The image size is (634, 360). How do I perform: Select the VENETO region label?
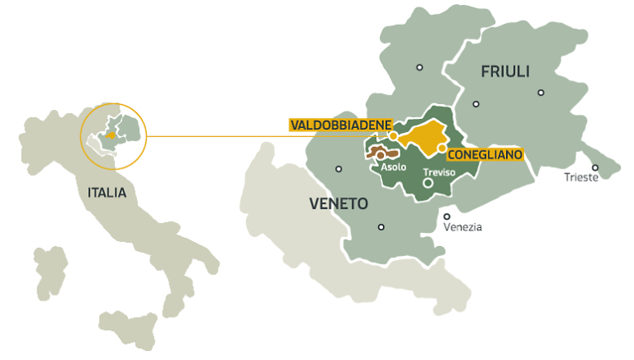(338, 203)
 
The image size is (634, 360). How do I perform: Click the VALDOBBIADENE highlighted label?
(339, 125)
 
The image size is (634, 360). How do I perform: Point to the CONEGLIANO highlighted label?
(485, 153)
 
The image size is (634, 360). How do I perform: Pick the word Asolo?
(393, 167)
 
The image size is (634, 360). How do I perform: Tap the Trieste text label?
(581, 178)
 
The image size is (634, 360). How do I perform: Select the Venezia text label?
(462, 227)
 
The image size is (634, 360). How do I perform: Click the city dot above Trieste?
(594, 168)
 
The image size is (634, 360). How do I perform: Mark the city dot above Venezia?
(447, 216)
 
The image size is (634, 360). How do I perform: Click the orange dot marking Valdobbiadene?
(394, 136)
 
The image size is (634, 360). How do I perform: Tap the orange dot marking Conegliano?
(442, 149)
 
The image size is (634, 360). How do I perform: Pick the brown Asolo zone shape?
(381, 154)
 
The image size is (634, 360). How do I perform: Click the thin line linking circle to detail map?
(223, 136)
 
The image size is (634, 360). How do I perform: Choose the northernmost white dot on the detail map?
(419, 68)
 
